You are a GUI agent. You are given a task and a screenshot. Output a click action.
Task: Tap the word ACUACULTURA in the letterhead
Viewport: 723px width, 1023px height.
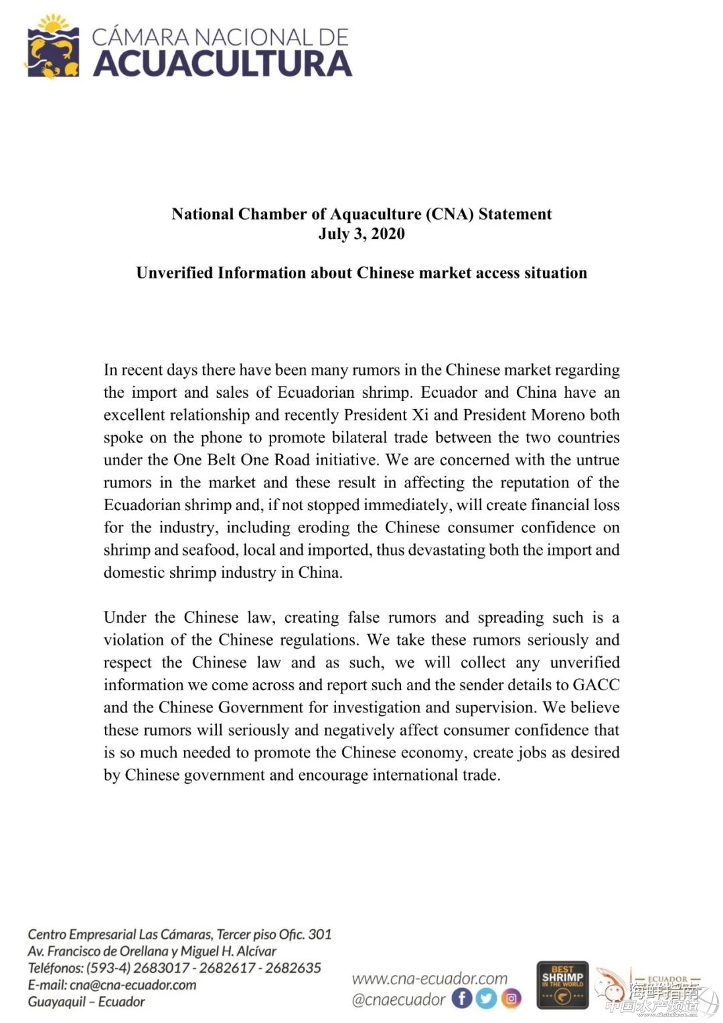tap(222, 64)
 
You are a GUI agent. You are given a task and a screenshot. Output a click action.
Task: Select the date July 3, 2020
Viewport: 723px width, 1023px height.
tap(361, 234)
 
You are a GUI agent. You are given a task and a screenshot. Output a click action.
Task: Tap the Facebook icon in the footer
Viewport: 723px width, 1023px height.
tap(462, 999)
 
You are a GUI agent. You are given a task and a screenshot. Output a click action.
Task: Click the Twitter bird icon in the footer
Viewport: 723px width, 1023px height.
tap(487, 999)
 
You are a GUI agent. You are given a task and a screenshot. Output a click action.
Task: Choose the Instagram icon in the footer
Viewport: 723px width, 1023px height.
tap(511, 999)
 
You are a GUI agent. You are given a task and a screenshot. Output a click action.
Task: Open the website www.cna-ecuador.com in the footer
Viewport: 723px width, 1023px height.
tap(429, 979)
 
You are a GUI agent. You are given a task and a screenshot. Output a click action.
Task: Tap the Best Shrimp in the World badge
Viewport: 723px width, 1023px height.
tap(562, 984)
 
